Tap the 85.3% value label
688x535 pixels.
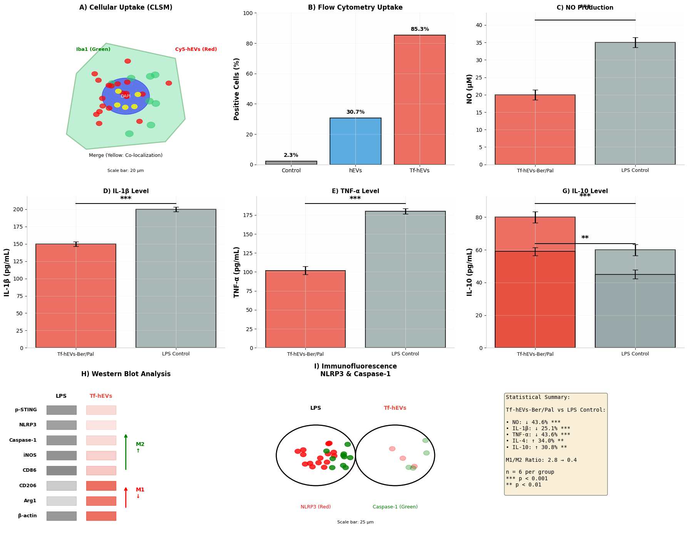click(419, 29)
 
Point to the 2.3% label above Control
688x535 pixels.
click(291, 155)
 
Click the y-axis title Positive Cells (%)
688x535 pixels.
click(237, 89)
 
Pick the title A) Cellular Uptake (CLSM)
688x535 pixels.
click(126, 8)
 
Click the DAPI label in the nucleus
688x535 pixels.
click(126, 96)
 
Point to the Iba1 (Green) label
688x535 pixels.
click(93, 49)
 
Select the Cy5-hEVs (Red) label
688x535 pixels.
click(196, 49)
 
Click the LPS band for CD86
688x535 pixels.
click(61, 471)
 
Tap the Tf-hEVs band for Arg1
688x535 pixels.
click(101, 501)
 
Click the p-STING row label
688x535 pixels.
click(26, 410)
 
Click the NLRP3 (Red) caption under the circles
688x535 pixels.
click(315, 507)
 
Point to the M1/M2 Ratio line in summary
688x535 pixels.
click(541, 460)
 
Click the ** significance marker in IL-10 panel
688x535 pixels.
click(584, 238)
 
